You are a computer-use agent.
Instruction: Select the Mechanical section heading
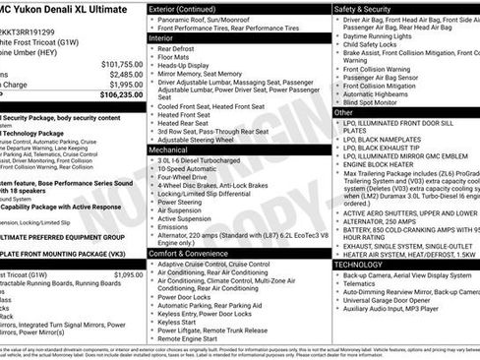pos(169,150)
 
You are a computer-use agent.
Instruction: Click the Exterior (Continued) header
pos(183,9)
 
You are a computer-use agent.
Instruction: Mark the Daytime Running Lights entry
pos(382,35)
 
